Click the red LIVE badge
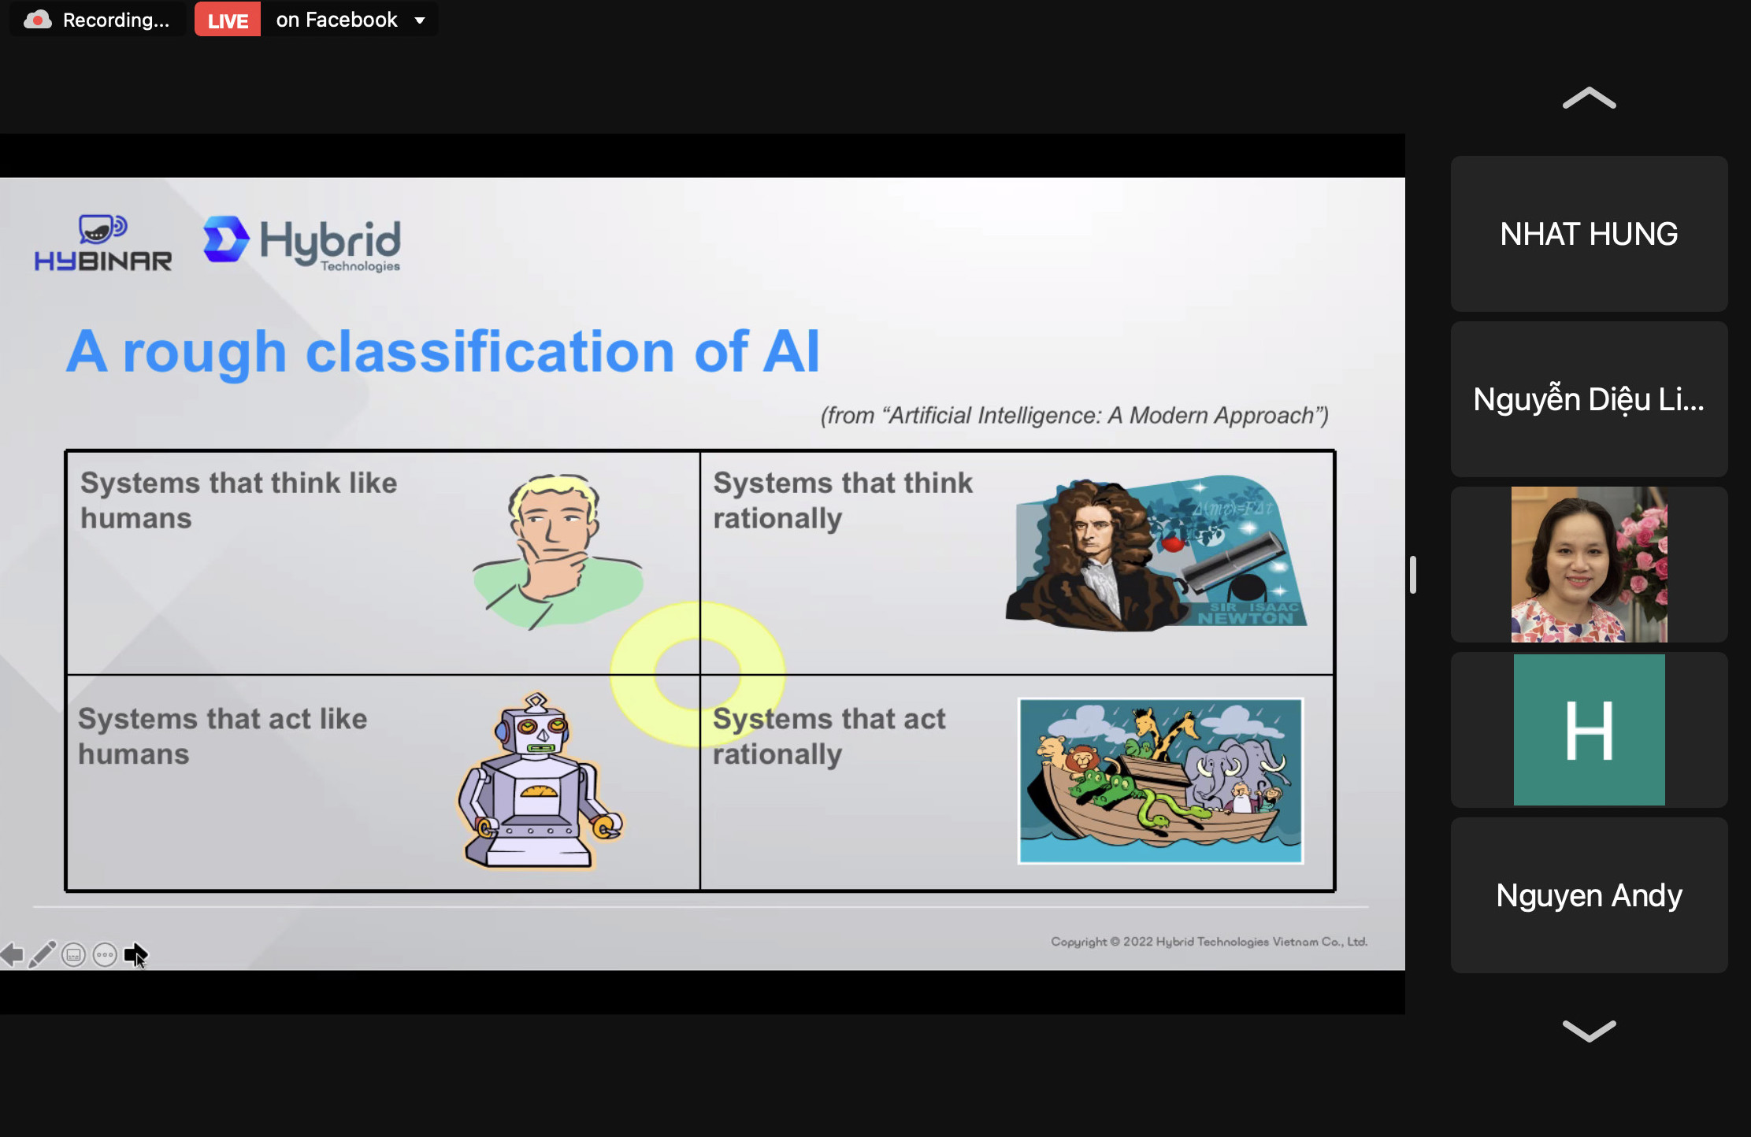tap(228, 20)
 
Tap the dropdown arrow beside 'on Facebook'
tap(420, 20)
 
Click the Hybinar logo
tap(102, 243)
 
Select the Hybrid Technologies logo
tap(302, 244)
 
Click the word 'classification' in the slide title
tap(490, 351)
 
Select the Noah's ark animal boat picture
tap(1160, 780)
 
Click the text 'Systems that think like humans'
tap(239, 500)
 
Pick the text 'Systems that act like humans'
tap(223, 736)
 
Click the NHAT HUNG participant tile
tap(1589, 234)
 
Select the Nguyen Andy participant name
tap(1589, 895)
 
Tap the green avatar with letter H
tap(1589, 730)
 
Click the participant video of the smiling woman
tap(1589, 565)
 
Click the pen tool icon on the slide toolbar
tap(43, 954)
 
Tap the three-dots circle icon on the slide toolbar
tap(105, 955)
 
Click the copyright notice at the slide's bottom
tap(1209, 942)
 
